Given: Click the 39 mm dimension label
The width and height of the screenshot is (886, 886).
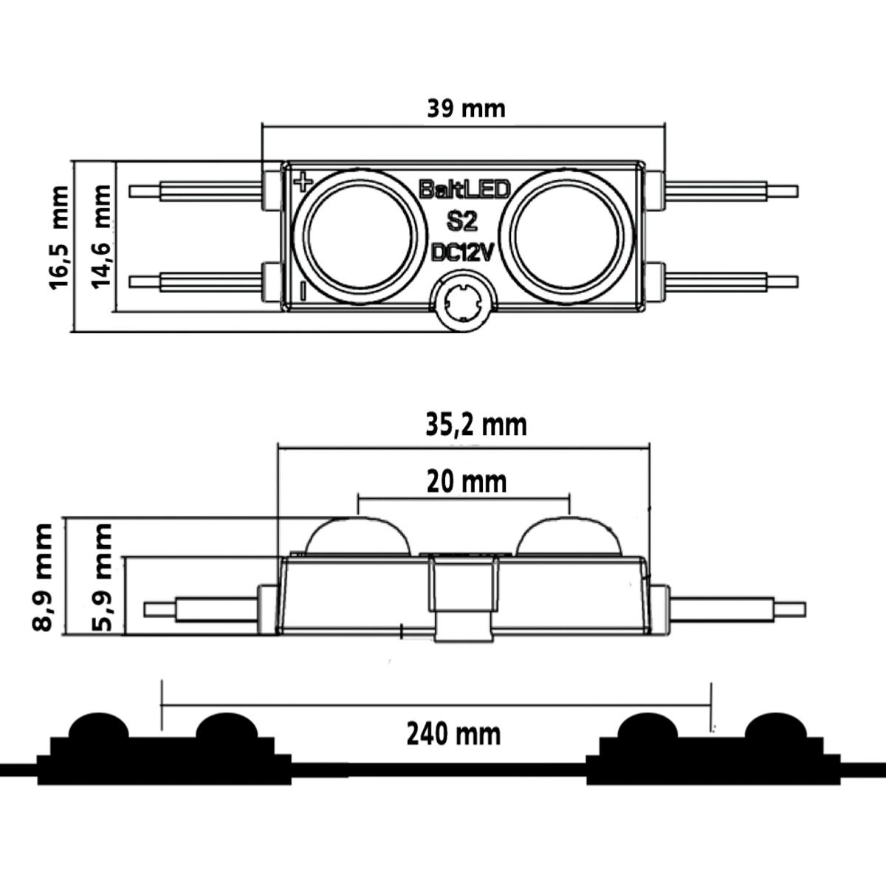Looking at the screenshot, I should tap(466, 109).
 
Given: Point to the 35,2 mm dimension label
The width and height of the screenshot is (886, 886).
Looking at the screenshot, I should tap(476, 425).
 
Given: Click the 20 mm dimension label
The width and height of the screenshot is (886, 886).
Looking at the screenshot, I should tap(467, 482).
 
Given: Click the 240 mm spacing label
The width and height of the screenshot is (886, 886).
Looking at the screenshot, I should tap(453, 734).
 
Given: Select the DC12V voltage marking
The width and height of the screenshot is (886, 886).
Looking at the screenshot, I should tap(462, 253).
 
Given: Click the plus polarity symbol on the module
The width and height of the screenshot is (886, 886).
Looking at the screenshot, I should tap(303, 182).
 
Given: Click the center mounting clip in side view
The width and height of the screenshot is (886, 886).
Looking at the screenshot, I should tap(464, 598).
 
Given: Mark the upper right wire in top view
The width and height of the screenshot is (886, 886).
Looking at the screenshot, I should tap(731, 190).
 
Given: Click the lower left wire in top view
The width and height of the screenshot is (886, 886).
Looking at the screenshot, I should tap(196, 281).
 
